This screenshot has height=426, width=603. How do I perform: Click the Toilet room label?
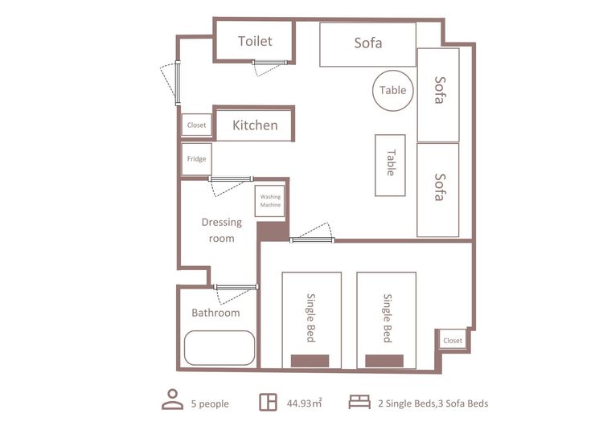tap(255, 41)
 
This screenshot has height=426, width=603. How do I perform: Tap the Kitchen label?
tap(255, 125)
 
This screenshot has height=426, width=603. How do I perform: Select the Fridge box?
tap(196, 159)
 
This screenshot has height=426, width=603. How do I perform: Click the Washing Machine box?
tap(270, 201)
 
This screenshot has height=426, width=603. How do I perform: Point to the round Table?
tap(392, 90)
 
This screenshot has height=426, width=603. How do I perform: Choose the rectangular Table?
tap(390, 166)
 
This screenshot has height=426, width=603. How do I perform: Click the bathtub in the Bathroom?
tap(219, 348)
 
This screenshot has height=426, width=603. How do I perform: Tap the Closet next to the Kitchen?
tap(196, 125)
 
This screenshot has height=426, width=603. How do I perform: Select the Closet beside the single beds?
tap(453, 340)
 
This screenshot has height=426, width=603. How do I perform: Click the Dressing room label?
tap(222, 230)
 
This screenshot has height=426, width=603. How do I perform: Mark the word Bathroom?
tap(215, 313)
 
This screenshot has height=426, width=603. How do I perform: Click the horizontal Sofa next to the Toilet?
tap(368, 44)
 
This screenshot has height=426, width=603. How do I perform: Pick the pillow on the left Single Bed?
tap(310, 361)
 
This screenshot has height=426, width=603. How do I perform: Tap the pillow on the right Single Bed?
tap(384, 361)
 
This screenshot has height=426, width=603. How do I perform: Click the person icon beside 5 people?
tap(172, 399)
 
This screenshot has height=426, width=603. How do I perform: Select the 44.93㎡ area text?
tap(304, 403)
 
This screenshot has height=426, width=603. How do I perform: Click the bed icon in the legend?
tap(359, 402)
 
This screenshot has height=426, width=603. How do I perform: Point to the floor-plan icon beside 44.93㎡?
tap(268, 402)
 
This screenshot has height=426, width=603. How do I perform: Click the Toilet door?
tap(269, 63)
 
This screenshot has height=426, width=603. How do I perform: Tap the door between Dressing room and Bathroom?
tap(236, 287)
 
